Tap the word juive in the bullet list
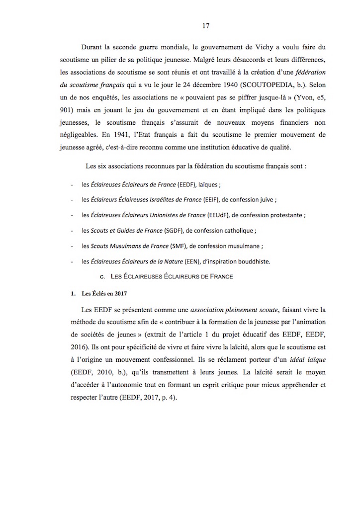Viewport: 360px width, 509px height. pos(265,200)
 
